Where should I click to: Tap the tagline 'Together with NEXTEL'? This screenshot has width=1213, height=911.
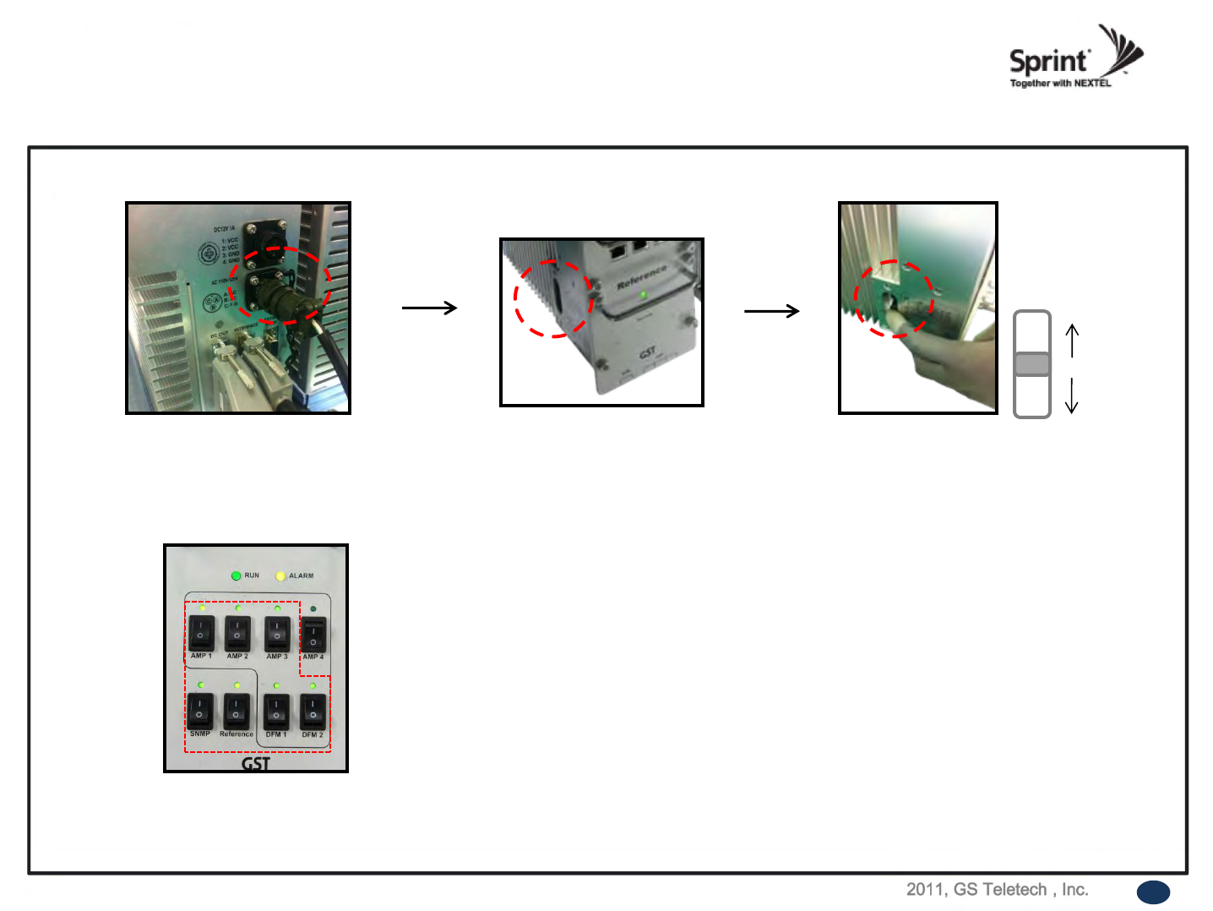click(1060, 84)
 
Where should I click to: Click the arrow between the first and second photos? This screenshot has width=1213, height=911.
click(429, 308)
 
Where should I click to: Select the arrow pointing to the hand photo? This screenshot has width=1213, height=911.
click(771, 312)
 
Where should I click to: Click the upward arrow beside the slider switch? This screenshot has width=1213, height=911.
click(1072, 341)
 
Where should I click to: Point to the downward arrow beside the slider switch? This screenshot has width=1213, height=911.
click(1072, 395)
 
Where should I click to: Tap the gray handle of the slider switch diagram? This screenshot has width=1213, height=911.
click(1031, 364)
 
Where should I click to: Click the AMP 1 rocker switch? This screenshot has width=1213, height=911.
click(201, 632)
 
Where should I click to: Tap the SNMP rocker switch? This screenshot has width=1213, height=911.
click(199, 711)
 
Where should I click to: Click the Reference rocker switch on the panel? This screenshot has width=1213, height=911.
click(236, 711)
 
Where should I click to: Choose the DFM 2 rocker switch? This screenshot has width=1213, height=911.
click(313, 712)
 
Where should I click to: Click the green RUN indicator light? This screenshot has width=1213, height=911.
click(236, 576)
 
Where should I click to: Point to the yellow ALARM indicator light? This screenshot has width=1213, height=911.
click(280, 576)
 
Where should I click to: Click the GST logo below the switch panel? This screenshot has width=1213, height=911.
click(256, 763)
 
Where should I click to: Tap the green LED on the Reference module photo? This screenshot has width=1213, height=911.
click(644, 294)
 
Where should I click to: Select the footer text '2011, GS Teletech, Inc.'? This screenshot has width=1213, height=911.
click(997, 889)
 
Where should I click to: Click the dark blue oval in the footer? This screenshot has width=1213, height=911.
click(1153, 892)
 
